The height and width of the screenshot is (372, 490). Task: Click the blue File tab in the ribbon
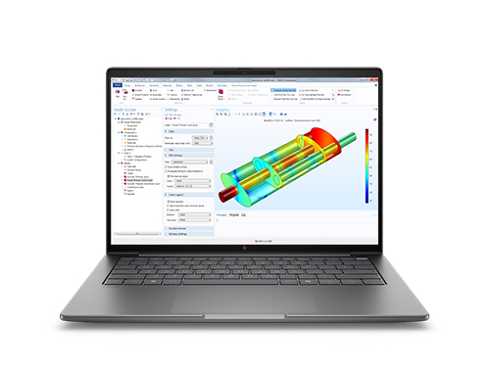tap(117, 85)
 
